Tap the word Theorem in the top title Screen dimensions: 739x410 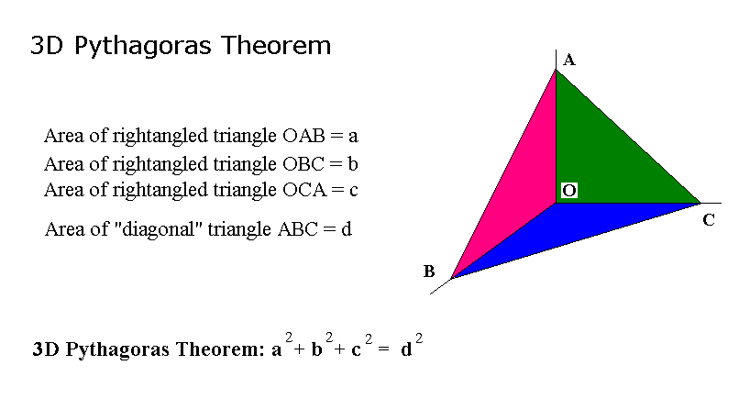277,46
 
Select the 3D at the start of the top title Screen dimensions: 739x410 47,46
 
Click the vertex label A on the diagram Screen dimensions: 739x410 569,60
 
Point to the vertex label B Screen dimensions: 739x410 429,271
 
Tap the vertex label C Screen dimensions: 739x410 709,220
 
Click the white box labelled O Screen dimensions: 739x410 569,191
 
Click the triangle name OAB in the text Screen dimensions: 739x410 303,136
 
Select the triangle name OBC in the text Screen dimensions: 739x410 303,164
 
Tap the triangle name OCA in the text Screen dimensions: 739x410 304,190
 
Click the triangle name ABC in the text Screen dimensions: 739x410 298,229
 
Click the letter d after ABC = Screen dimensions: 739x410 347,229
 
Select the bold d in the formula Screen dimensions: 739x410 406,349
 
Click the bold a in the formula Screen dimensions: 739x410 277,350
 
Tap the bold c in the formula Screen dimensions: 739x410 356,350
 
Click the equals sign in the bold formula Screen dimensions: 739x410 383,349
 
